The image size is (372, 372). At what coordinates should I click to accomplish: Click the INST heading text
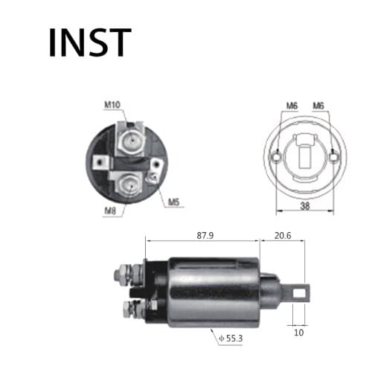click(89, 42)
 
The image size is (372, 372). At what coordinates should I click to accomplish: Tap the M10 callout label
click(112, 105)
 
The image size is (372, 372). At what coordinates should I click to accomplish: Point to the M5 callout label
click(173, 202)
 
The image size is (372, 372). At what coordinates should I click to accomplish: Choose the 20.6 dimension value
click(282, 235)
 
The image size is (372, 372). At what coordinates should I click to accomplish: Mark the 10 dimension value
click(298, 332)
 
